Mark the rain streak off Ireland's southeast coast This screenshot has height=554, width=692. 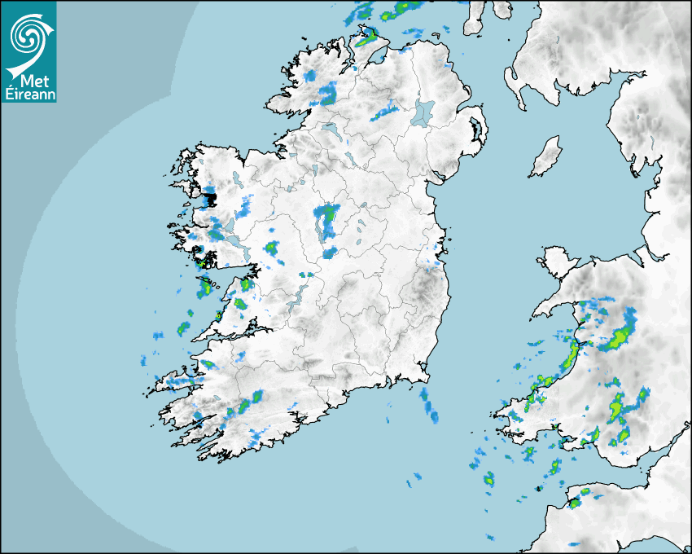[x=429, y=406]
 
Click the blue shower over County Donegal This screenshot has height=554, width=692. [x=328, y=93]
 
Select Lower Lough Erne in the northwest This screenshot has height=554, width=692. [x=331, y=130]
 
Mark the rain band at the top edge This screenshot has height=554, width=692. [x=387, y=11]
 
